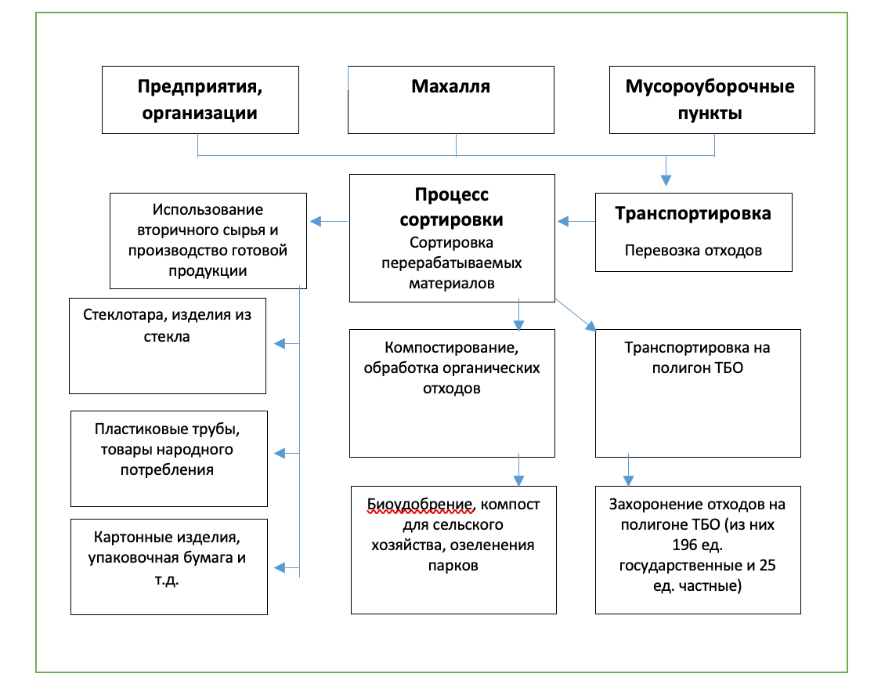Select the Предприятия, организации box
point(200,99)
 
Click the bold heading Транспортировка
point(692,213)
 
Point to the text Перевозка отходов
point(693,252)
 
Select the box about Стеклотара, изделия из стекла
point(168,346)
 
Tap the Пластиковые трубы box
point(168,458)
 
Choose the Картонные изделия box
point(168,566)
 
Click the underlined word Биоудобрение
point(421,502)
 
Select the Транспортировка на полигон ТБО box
point(698,392)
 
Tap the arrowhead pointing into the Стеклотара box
point(280,343)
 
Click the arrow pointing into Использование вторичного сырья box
point(327,221)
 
